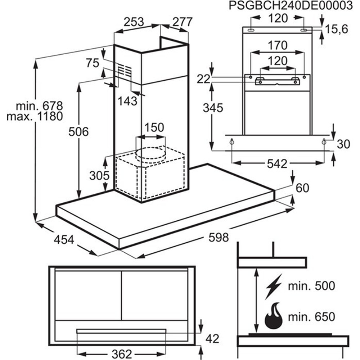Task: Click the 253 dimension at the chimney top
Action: (x=134, y=22)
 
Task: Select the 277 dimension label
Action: (x=182, y=22)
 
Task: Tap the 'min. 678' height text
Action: (x=39, y=106)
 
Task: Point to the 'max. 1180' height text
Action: (x=35, y=116)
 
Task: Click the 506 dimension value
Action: (x=78, y=132)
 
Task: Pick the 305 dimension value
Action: (x=99, y=176)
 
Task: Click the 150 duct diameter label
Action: (x=154, y=127)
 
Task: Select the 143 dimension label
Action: (x=127, y=101)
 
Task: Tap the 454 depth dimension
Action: (x=64, y=240)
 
